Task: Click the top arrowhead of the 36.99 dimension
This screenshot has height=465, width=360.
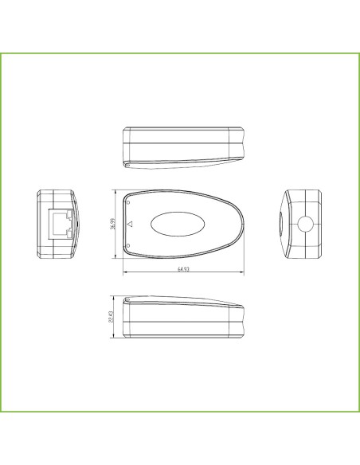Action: tap(119, 191)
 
